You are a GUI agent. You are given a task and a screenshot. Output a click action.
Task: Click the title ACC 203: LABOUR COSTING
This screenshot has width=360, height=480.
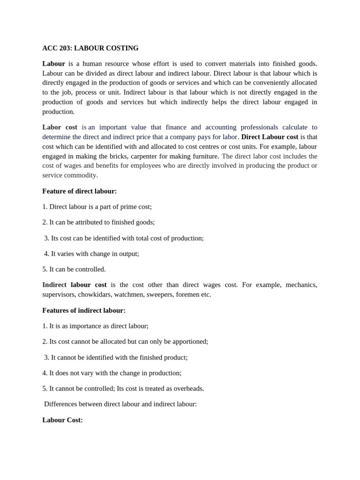90,48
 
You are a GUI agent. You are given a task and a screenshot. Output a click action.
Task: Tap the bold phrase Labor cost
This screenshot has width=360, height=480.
60,127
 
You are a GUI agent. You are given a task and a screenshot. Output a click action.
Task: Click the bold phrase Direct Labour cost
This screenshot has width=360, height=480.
270,137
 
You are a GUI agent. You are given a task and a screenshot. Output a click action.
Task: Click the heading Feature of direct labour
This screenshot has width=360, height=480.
79,191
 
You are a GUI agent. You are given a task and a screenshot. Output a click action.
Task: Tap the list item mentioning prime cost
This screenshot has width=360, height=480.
97,207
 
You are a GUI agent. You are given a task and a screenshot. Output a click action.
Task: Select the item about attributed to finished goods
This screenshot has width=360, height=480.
98,222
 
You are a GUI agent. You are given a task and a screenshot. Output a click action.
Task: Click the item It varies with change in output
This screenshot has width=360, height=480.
92,254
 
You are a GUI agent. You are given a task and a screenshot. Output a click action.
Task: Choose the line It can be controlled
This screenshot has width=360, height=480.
74,269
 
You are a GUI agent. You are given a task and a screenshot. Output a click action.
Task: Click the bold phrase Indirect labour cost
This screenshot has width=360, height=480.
74,285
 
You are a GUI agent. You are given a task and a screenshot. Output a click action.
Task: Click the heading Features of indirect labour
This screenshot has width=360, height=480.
83,310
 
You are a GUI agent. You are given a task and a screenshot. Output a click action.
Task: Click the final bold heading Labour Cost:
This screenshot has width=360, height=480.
62,420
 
